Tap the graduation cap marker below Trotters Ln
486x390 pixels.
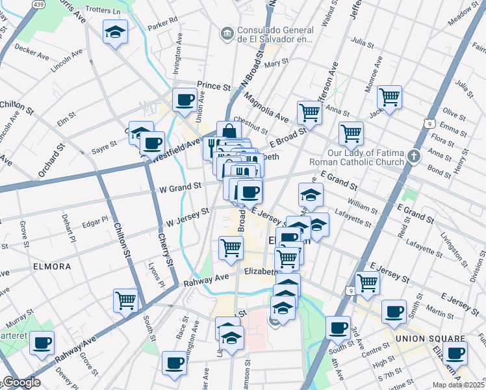115,32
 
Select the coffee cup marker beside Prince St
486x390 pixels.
185,99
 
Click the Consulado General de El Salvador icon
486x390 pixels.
227,32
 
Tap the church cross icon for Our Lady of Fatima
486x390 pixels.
413,156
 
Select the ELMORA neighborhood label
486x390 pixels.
53,266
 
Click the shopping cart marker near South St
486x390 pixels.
125,300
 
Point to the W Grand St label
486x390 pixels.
177,188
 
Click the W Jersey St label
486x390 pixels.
187,216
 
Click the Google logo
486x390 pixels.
21,382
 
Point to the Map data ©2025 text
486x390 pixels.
459,385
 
